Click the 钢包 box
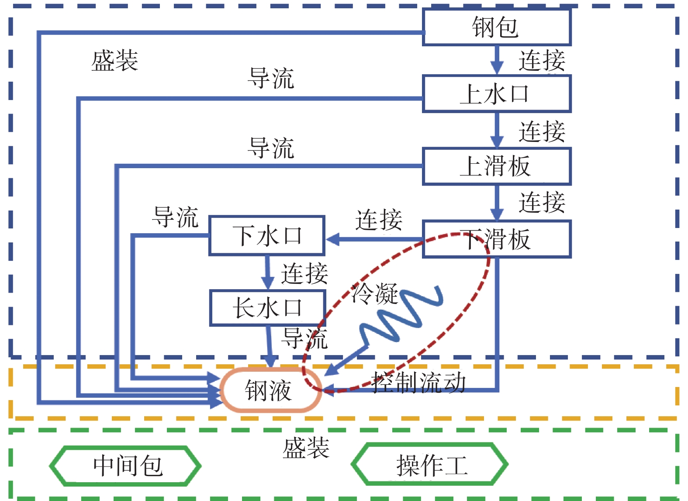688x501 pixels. [497, 27]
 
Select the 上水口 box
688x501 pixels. [497, 94]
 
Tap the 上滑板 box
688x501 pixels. [497, 166]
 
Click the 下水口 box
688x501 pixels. [267, 235]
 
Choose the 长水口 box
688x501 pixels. [267, 308]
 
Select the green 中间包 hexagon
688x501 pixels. [126, 466]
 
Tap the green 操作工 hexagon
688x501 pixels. [430, 465]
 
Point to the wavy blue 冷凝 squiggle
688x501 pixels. [400, 314]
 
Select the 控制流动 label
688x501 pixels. [418, 382]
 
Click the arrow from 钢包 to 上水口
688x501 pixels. [497, 60]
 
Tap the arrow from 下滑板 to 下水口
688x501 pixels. [373, 239]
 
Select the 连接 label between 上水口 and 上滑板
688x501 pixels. [542, 131]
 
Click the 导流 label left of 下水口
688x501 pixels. [175, 217]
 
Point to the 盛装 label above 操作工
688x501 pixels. [306, 448]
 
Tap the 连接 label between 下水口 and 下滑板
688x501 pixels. [378, 219]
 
